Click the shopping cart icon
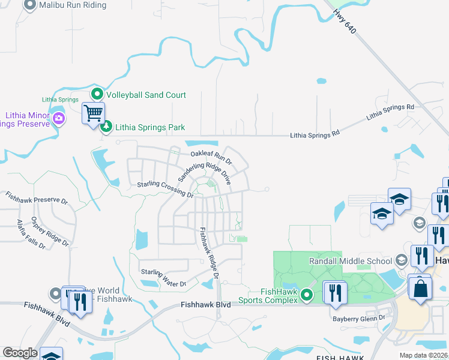point(93,113)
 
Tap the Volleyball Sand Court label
point(146,95)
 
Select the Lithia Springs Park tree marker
point(106,127)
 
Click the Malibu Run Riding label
point(72,5)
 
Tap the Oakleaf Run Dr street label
point(211,155)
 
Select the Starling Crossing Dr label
point(166,190)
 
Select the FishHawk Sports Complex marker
point(307,295)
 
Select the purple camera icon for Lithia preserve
point(58,118)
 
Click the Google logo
point(20,353)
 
